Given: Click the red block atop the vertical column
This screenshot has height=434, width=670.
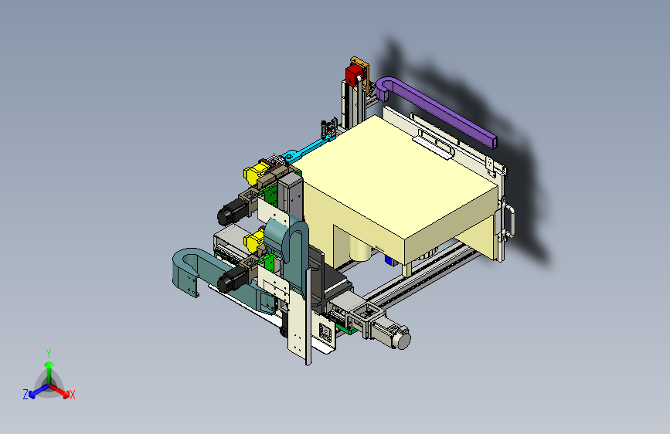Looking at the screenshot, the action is coord(354,75).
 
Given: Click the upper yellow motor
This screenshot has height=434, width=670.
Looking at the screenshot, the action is coord(256,172).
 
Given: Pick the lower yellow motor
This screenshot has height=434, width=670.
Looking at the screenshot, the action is coord(255,239).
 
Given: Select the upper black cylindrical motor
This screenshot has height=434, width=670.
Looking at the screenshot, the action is coord(231,212).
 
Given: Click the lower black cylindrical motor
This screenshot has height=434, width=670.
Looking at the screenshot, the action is coord(231,280).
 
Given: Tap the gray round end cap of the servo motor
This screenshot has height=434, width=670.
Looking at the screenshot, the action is coord(403,341).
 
